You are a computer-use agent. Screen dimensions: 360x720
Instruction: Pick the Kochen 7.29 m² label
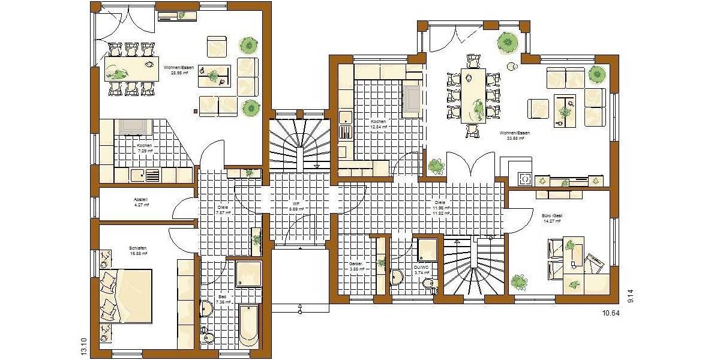[145, 148]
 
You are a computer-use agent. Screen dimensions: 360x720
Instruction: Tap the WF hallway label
[296, 206]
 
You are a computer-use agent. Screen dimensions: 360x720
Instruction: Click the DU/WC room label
[422, 269]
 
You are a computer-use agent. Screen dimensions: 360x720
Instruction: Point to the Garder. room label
[357, 266]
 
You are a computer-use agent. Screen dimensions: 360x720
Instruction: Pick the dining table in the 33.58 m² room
[473, 95]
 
